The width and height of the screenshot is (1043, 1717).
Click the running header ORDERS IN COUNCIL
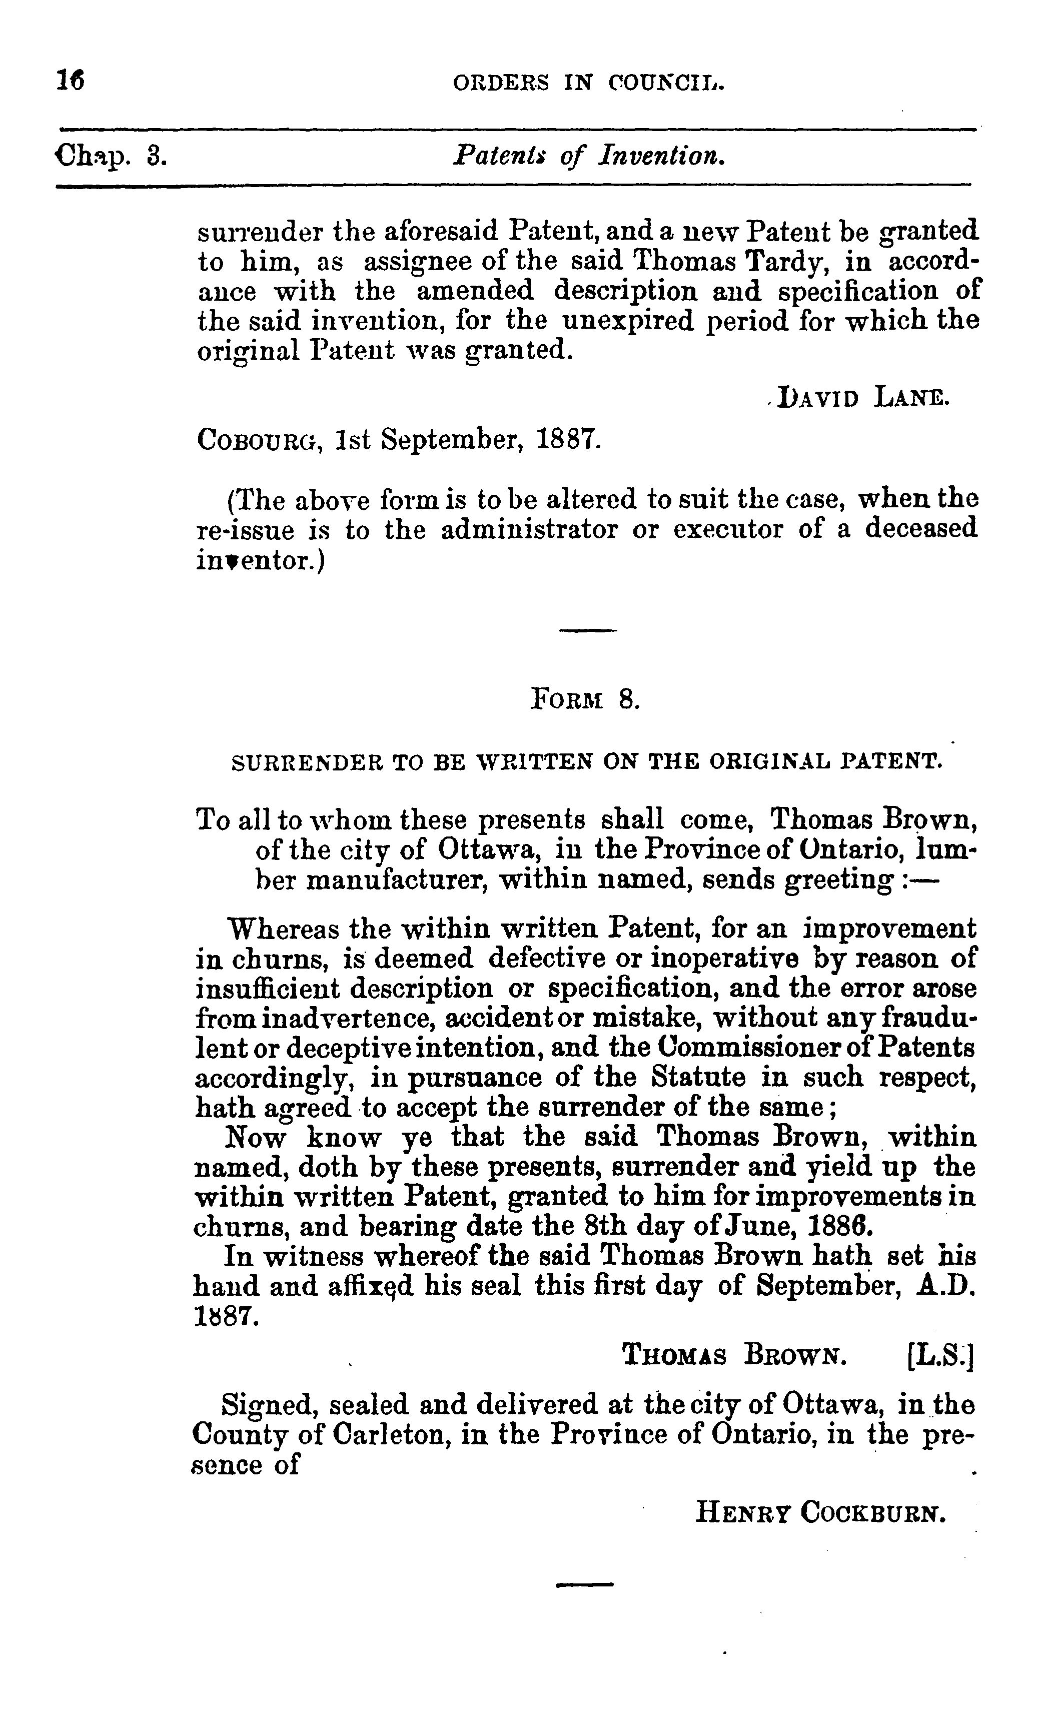pos(589,84)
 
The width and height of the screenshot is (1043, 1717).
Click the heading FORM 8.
pos(585,698)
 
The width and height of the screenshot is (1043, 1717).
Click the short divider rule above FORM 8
pos(588,631)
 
